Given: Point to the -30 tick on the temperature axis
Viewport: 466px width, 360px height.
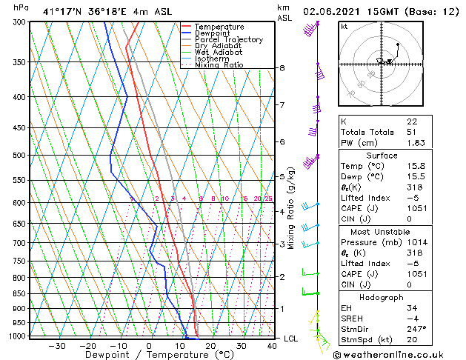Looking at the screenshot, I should click(57, 346).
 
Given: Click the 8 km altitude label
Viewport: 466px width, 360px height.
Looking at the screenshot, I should click(282, 68).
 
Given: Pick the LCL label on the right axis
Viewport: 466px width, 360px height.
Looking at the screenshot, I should click(292, 339).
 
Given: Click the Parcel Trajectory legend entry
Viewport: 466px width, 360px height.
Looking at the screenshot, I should click(228, 40).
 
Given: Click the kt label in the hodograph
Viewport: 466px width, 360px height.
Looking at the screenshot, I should click(344, 26).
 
